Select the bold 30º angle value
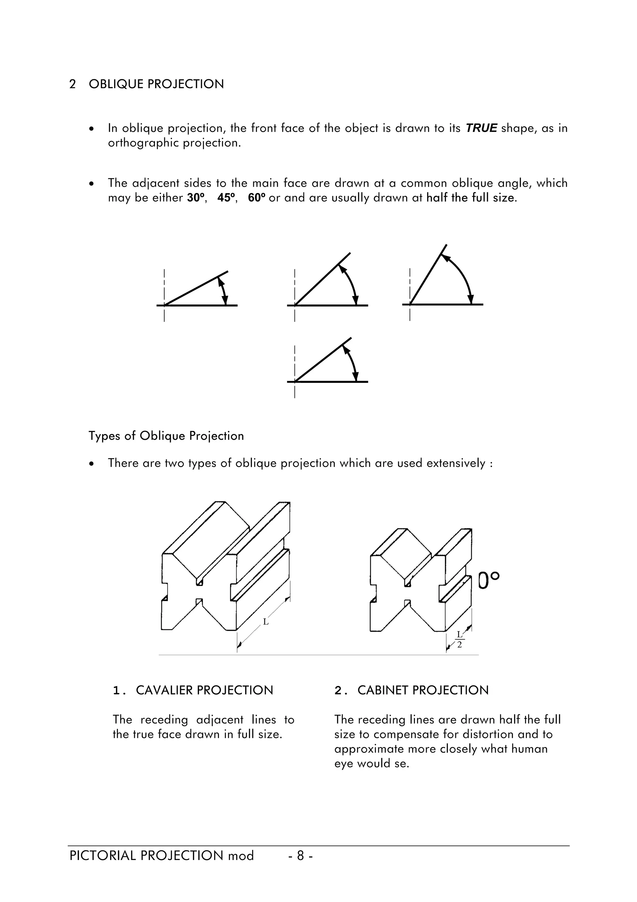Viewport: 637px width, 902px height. click(196, 198)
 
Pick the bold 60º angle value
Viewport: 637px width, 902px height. click(257, 198)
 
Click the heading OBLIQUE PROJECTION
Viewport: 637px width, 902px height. click(156, 84)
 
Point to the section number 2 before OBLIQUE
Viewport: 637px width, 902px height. click(72, 84)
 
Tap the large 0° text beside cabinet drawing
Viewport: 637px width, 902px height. click(489, 581)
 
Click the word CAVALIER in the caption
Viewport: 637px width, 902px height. click(165, 690)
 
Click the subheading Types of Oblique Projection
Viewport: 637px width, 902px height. click(166, 436)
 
